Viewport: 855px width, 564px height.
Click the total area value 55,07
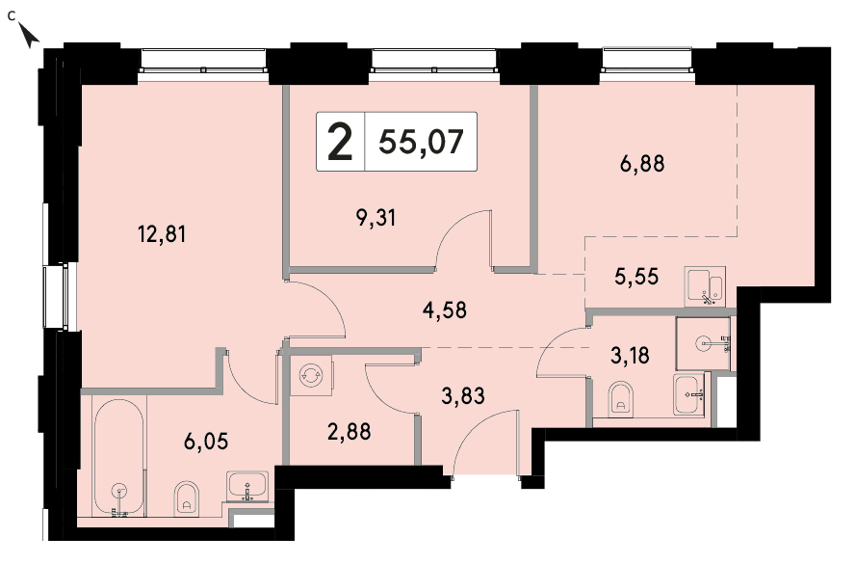421,142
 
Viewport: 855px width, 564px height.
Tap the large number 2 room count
340,142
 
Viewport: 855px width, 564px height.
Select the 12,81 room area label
162,234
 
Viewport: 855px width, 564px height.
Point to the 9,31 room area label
376,218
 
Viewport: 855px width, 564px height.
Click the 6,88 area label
642,163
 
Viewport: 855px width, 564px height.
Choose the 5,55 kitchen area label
636,277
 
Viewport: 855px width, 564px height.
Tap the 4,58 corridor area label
445,310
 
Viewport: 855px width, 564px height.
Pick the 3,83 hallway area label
462,396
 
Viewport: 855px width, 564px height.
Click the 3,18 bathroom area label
630,356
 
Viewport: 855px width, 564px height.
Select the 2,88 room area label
349,431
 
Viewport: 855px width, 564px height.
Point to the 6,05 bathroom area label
206,441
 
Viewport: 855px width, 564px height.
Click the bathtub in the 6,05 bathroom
118,457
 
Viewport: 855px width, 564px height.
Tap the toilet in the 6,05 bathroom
187,498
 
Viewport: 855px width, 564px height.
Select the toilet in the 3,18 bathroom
620,397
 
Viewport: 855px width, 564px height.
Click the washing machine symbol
311,375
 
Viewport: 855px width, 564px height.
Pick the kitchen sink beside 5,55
705,284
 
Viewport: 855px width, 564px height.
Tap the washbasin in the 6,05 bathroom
247,487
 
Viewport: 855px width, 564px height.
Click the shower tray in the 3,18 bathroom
703,343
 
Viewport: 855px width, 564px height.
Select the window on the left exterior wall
56,297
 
